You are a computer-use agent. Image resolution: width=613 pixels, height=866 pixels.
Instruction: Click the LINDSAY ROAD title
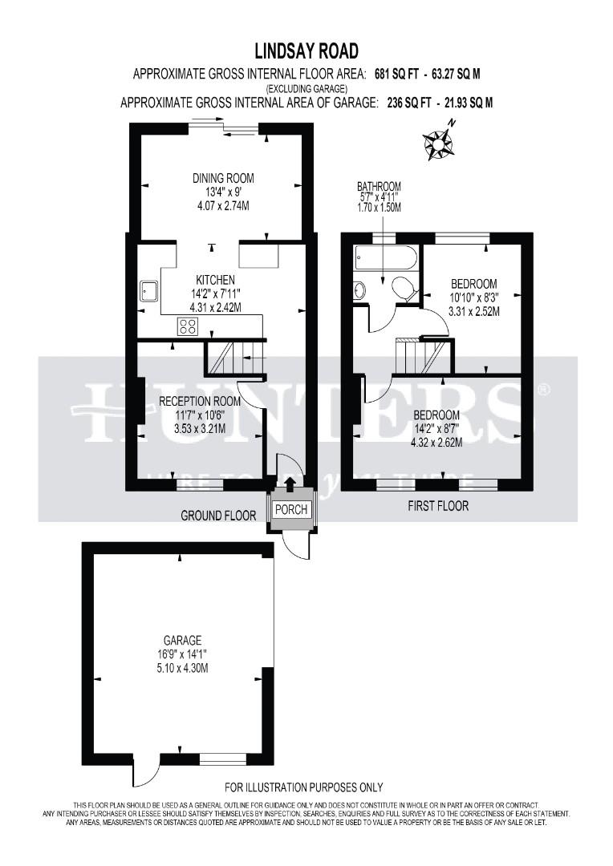pos(306,53)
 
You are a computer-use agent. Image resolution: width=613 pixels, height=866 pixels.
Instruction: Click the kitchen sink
pos(148,289)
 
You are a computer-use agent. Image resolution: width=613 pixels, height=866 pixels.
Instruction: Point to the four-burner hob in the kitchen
pos(189,326)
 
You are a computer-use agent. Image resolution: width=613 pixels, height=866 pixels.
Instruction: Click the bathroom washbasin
pos(359,289)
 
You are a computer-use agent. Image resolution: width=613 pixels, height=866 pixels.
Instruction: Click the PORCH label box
pos(290,510)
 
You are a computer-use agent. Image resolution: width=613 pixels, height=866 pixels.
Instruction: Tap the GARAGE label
pos(183,640)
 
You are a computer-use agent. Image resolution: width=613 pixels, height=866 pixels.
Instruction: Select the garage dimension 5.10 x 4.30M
pos(183,668)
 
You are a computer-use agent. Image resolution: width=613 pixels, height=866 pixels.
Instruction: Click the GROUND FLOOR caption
pos(217,516)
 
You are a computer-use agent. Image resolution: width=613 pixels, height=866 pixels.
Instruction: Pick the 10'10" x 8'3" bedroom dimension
pos(473,297)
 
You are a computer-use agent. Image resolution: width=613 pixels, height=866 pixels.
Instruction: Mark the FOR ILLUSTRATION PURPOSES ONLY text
pos(303,787)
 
